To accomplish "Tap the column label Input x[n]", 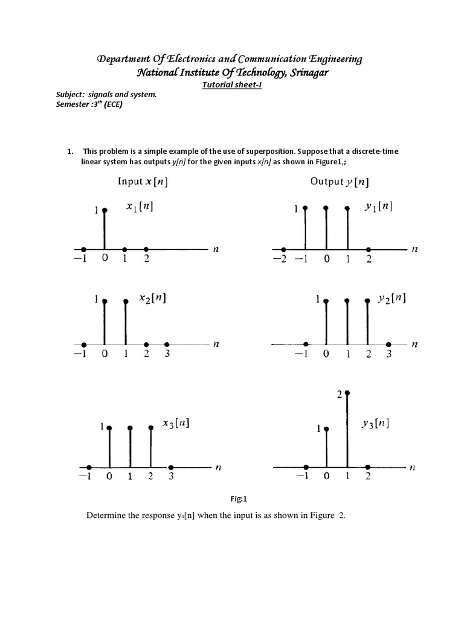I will [142, 182].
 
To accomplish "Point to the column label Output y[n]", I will [340, 182].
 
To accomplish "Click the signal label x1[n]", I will [140, 207].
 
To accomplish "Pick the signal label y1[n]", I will [378, 207].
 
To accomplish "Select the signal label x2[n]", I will [152, 298].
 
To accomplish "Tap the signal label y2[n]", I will [392, 298].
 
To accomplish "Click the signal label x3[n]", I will [176, 424].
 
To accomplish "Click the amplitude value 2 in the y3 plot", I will [339, 394].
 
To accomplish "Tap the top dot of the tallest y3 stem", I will [347, 393].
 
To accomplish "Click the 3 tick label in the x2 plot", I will [167, 354].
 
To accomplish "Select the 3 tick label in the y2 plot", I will [389, 354].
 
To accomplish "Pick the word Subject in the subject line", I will [63, 95].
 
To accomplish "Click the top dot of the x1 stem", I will [105, 211].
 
